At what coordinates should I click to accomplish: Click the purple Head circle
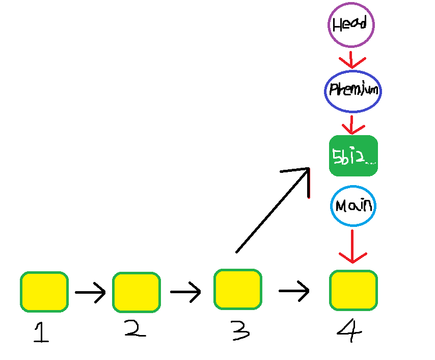(350, 24)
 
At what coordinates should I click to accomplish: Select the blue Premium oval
(352, 90)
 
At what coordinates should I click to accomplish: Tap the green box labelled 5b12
(353, 156)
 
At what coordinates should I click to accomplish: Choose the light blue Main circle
(353, 206)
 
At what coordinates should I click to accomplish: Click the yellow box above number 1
(44, 292)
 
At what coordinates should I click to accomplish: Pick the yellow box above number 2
(136, 292)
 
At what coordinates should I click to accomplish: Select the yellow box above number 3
(237, 289)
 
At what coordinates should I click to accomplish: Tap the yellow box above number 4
(353, 290)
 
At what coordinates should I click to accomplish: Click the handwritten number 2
(134, 329)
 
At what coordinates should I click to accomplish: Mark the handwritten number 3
(239, 331)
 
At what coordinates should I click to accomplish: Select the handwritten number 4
(350, 331)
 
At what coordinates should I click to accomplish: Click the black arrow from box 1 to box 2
(90, 292)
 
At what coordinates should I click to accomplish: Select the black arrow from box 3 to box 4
(294, 291)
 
